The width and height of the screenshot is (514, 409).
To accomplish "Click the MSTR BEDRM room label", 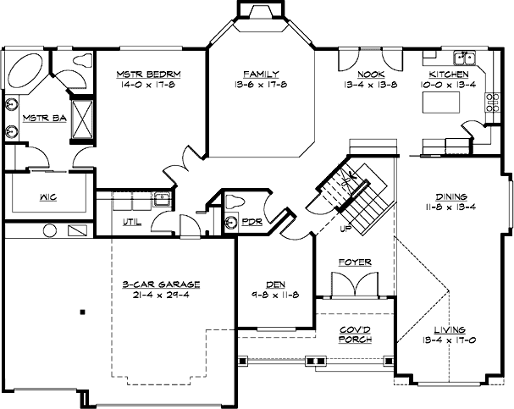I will pos(150,74).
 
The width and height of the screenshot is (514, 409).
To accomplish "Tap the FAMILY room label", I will pos(261,74).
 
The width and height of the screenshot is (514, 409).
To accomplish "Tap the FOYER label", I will pos(355,263).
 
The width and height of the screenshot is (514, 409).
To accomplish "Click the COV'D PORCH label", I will pos(355,334).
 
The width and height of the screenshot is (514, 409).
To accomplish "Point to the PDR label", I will pos(251,222).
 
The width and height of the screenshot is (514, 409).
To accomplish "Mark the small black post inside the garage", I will pos(82,312).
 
